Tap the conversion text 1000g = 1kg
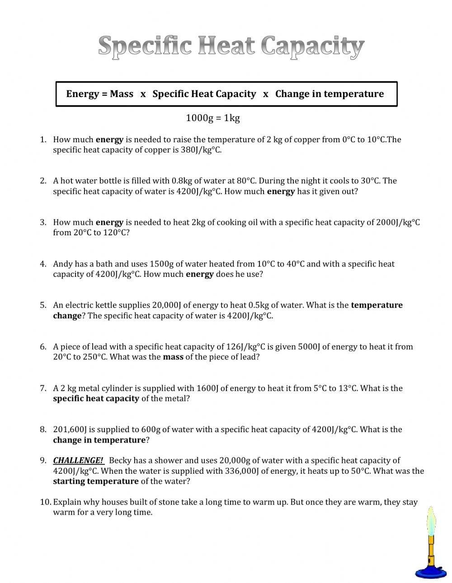click(x=212, y=118)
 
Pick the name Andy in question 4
click(x=63, y=264)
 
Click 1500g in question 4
click(x=159, y=264)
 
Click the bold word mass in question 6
click(x=173, y=357)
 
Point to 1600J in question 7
click(x=208, y=388)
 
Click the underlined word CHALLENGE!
click(x=78, y=461)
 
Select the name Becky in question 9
click(x=120, y=461)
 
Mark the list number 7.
click(x=43, y=388)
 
